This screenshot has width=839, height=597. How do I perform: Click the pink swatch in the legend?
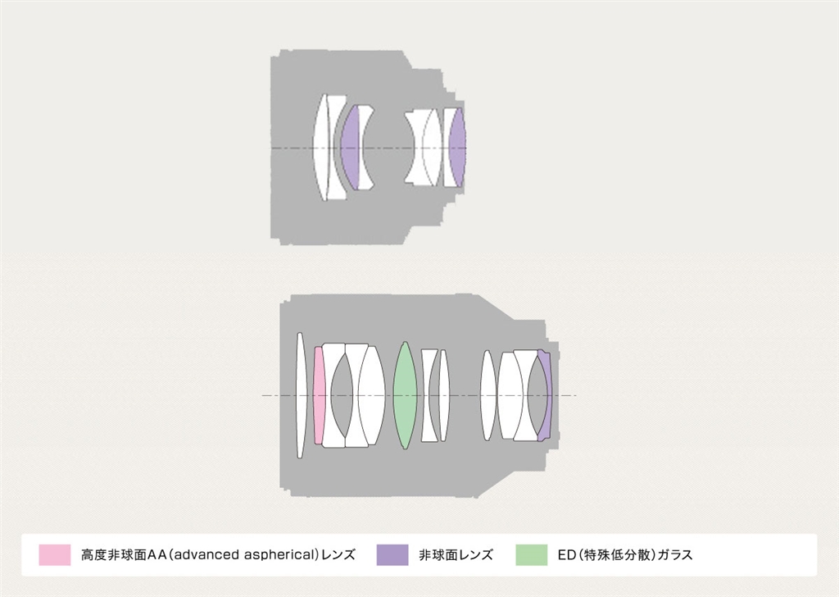point(55,554)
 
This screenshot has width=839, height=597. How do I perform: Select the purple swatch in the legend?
point(392,554)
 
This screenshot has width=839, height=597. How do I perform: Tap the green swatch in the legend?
point(531,554)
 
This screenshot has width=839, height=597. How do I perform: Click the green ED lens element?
point(405,395)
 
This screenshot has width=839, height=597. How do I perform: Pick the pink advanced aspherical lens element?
point(319,395)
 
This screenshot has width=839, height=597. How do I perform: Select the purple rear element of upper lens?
point(457,148)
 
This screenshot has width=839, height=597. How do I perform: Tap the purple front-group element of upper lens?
point(350,148)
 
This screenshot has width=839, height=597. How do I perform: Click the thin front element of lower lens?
point(300,395)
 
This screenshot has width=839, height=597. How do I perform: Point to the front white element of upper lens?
point(320,148)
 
